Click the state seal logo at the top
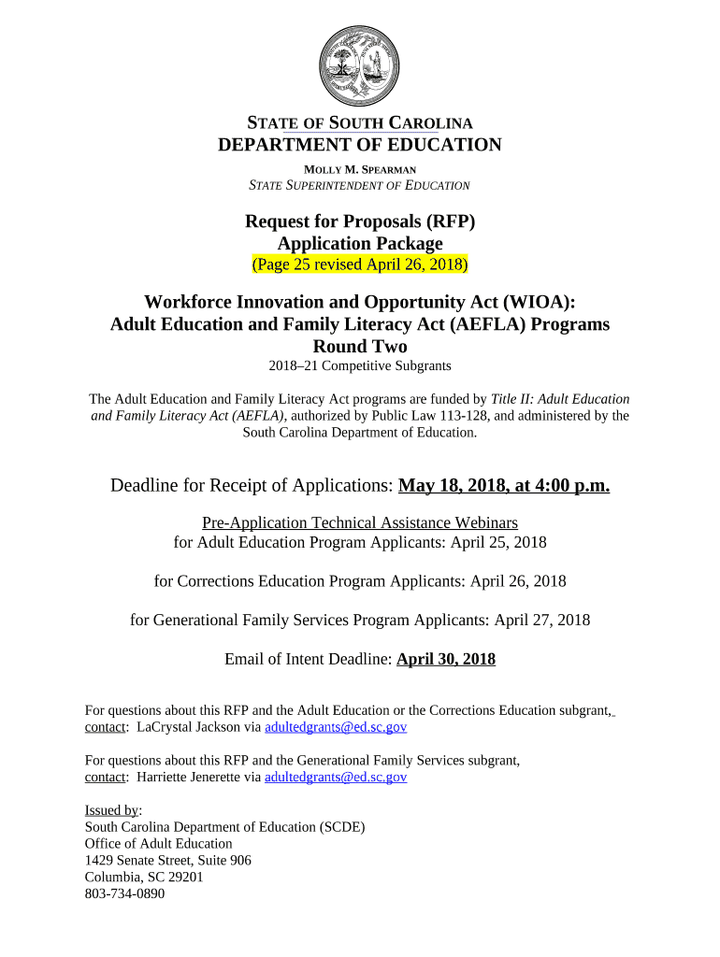click(360, 65)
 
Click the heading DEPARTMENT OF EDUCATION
click(360, 145)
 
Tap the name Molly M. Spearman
click(360, 169)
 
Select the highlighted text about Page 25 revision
click(360, 264)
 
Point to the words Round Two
click(360, 346)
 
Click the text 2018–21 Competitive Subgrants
click(360, 365)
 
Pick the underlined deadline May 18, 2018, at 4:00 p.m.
click(504, 485)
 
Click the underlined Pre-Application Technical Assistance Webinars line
click(360, 522)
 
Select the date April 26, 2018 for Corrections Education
click(518, 581)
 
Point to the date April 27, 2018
click(541, 620)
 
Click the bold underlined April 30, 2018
click(446, 659)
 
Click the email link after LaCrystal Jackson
click(336, 726)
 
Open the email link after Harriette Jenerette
click(336, 777)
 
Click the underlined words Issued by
click(111, 810)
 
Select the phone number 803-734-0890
click(124, 893)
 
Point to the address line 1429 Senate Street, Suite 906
click(167, 860)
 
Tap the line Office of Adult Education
click(158, 843)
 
